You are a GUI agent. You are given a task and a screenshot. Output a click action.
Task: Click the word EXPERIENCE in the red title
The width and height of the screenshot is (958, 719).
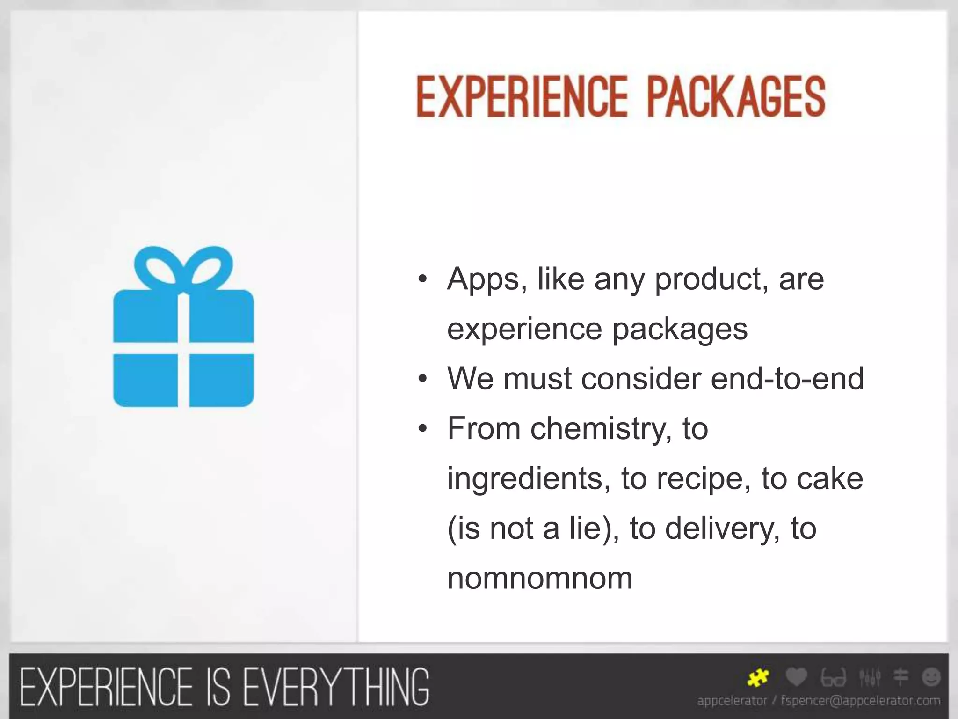tap(522, 97)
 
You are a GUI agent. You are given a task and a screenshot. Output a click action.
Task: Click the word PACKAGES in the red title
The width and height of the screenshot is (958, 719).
tap(736, 97)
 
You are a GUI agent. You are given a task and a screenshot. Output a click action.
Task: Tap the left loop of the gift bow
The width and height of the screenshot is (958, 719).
tap(156, 267)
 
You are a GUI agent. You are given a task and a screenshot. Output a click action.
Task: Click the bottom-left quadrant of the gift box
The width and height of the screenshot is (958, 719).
tap(145, 380)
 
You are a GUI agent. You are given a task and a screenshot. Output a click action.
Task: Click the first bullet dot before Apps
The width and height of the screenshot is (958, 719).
tap(422, 280)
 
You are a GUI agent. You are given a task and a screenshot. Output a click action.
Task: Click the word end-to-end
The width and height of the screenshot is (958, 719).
tap(787, 378)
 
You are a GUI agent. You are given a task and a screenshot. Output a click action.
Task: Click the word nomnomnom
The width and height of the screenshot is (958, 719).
tap(539, 578)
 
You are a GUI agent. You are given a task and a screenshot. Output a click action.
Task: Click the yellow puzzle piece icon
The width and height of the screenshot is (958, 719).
tap(758, 677)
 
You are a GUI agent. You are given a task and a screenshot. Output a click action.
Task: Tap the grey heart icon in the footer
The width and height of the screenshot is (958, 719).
tap(796, 677)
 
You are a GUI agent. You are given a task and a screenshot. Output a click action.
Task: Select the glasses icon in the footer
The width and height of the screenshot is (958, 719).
tap(833, 677)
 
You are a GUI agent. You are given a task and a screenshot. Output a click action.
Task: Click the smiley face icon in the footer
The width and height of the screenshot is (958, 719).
tap(931, 677)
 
